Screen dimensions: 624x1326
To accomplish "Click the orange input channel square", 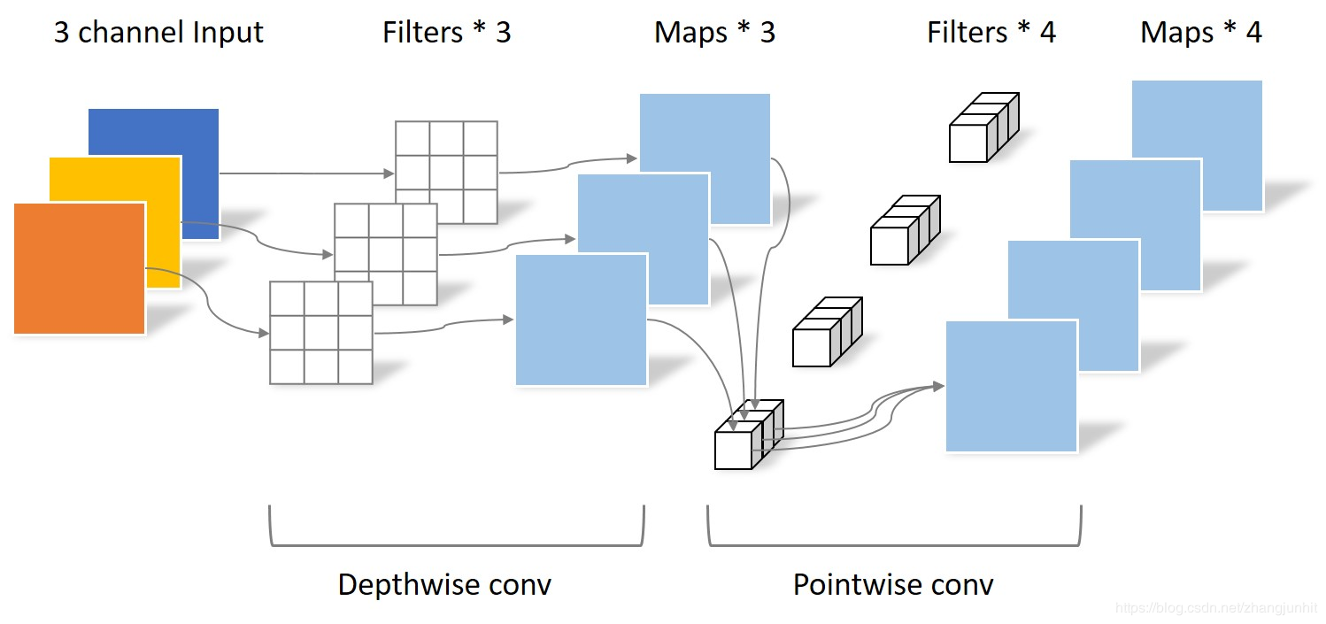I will point(80,268).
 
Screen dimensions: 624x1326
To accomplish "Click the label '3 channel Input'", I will point(158,33).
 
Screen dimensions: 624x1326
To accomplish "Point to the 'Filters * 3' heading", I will point(447,33).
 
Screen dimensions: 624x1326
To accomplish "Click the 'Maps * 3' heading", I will point(714,33).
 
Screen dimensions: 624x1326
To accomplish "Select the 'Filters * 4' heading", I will point(991,33).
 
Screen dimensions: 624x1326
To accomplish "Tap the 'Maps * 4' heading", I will point(1201,33).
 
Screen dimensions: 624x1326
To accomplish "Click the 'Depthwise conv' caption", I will point(444,585).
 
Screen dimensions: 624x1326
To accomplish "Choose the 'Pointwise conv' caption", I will point(893,585).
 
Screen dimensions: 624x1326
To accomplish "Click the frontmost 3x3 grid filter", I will point(320,332).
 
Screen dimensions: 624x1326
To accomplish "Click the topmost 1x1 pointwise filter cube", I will point(983,129).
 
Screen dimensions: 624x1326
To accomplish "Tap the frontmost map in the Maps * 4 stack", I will point(1011,387).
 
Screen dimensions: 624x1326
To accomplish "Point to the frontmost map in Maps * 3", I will point(581,320).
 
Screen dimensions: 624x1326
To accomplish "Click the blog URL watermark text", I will point(1216,608).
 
